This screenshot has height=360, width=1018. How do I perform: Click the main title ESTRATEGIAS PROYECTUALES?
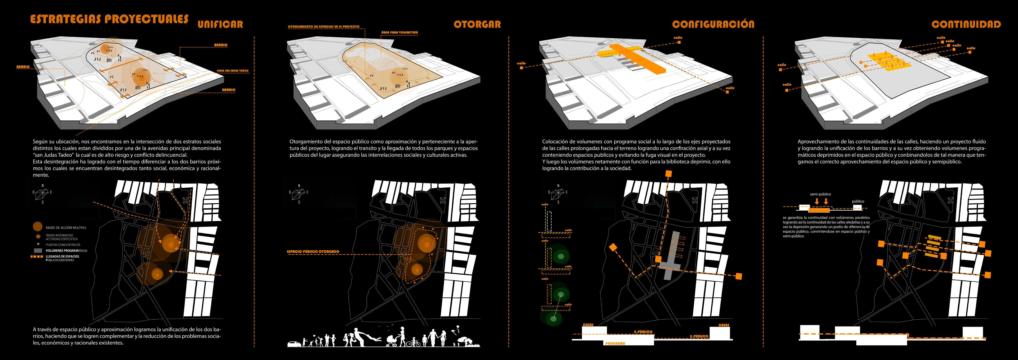point(109,19)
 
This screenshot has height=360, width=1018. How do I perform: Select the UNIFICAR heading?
point(220,24)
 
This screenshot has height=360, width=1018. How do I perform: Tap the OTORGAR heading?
point(477,24)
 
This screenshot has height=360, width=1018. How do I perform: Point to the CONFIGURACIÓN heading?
point(713,24)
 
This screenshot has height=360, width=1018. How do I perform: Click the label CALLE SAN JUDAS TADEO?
point(232,71)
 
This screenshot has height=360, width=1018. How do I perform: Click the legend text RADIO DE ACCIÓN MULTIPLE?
point(66,228)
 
